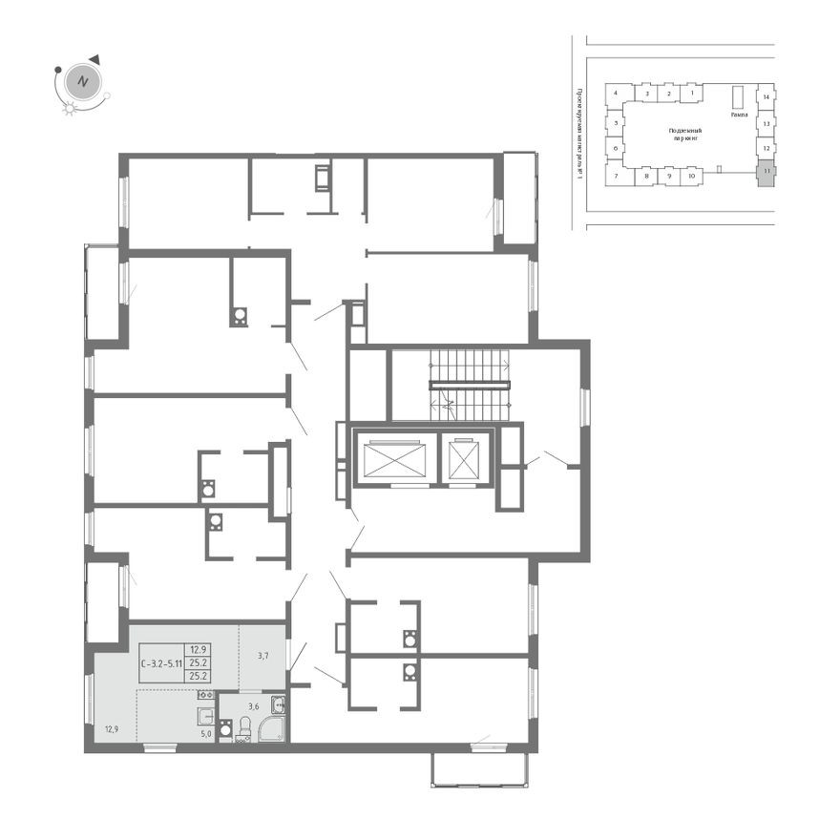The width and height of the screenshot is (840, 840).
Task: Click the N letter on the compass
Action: (x=83, y=81)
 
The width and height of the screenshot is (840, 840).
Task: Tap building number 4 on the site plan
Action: (x=617, y=94)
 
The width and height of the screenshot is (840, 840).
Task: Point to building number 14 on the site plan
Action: (x=766, y=96)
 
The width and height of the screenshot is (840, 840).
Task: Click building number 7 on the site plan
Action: (x=617, y=177)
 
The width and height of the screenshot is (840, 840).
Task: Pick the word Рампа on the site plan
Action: (x=739, y=114)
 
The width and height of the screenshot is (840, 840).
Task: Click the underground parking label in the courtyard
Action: (x=685, y=134)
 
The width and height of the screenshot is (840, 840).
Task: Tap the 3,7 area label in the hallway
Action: (x=264, y=655)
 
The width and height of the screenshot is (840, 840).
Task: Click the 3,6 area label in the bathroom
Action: (x=254, y=707)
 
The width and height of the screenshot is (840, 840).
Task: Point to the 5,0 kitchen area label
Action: (x=204, y=734)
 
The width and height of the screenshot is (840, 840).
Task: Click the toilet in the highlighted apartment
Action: (x=244, y=729)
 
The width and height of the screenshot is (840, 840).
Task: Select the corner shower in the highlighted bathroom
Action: (x=272, y=727)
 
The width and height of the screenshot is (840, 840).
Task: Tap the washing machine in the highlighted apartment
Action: (x=225, y=730)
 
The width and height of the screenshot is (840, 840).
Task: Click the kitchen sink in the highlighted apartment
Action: (x=205, y=716)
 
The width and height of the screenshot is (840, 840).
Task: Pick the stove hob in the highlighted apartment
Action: (x=206, y=695)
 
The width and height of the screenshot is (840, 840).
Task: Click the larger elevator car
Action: (x=392, y=459)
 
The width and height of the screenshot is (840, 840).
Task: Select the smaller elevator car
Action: (x=465, y=461)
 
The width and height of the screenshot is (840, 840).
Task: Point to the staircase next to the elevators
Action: (x=469, y=385)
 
